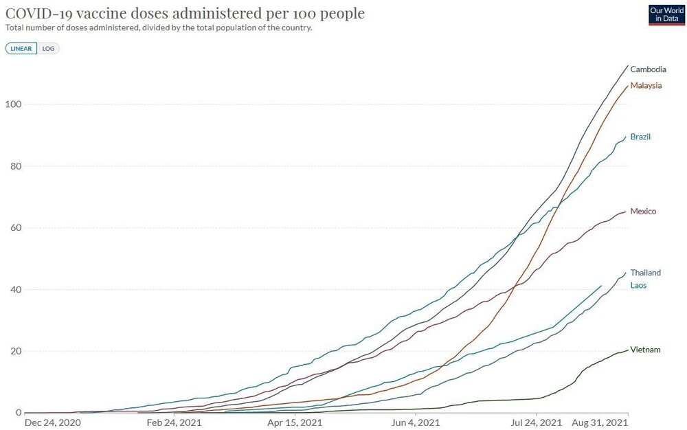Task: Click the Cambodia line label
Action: [648, 69]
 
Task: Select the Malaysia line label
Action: [646, 85]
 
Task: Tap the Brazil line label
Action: [640, 137]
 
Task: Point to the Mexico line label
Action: [643, 211]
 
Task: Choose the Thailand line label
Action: [645, 273]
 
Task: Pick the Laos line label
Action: [638, 285]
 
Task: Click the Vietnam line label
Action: [645, 350]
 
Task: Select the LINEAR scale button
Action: [22, 49]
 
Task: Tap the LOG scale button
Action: [48, 49]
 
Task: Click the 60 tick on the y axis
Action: [14, 228]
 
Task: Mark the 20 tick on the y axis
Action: [14, 351]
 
